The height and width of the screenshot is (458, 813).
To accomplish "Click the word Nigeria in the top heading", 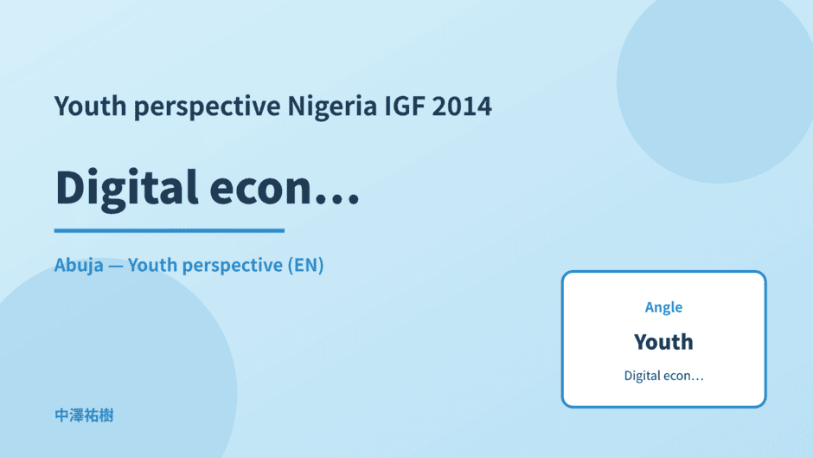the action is click(332, 106).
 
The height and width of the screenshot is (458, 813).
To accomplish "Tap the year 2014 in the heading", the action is click(462, 106).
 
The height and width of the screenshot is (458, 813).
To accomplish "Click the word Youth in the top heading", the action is click(90, 106).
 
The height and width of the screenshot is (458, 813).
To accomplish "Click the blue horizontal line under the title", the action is click(169, 230).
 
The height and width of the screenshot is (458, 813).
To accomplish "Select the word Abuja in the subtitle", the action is click(79, 265).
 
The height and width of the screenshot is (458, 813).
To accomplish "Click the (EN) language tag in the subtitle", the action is click(306, 265).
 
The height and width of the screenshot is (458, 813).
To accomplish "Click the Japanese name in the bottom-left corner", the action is click(84, 416).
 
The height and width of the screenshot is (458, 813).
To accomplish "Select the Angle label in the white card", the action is click(663, 307).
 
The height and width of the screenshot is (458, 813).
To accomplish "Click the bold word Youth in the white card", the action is click(663, 342).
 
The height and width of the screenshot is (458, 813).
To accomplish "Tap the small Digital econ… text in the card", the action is click(663, 376).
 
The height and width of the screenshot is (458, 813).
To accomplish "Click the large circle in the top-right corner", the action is click(714, 83).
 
